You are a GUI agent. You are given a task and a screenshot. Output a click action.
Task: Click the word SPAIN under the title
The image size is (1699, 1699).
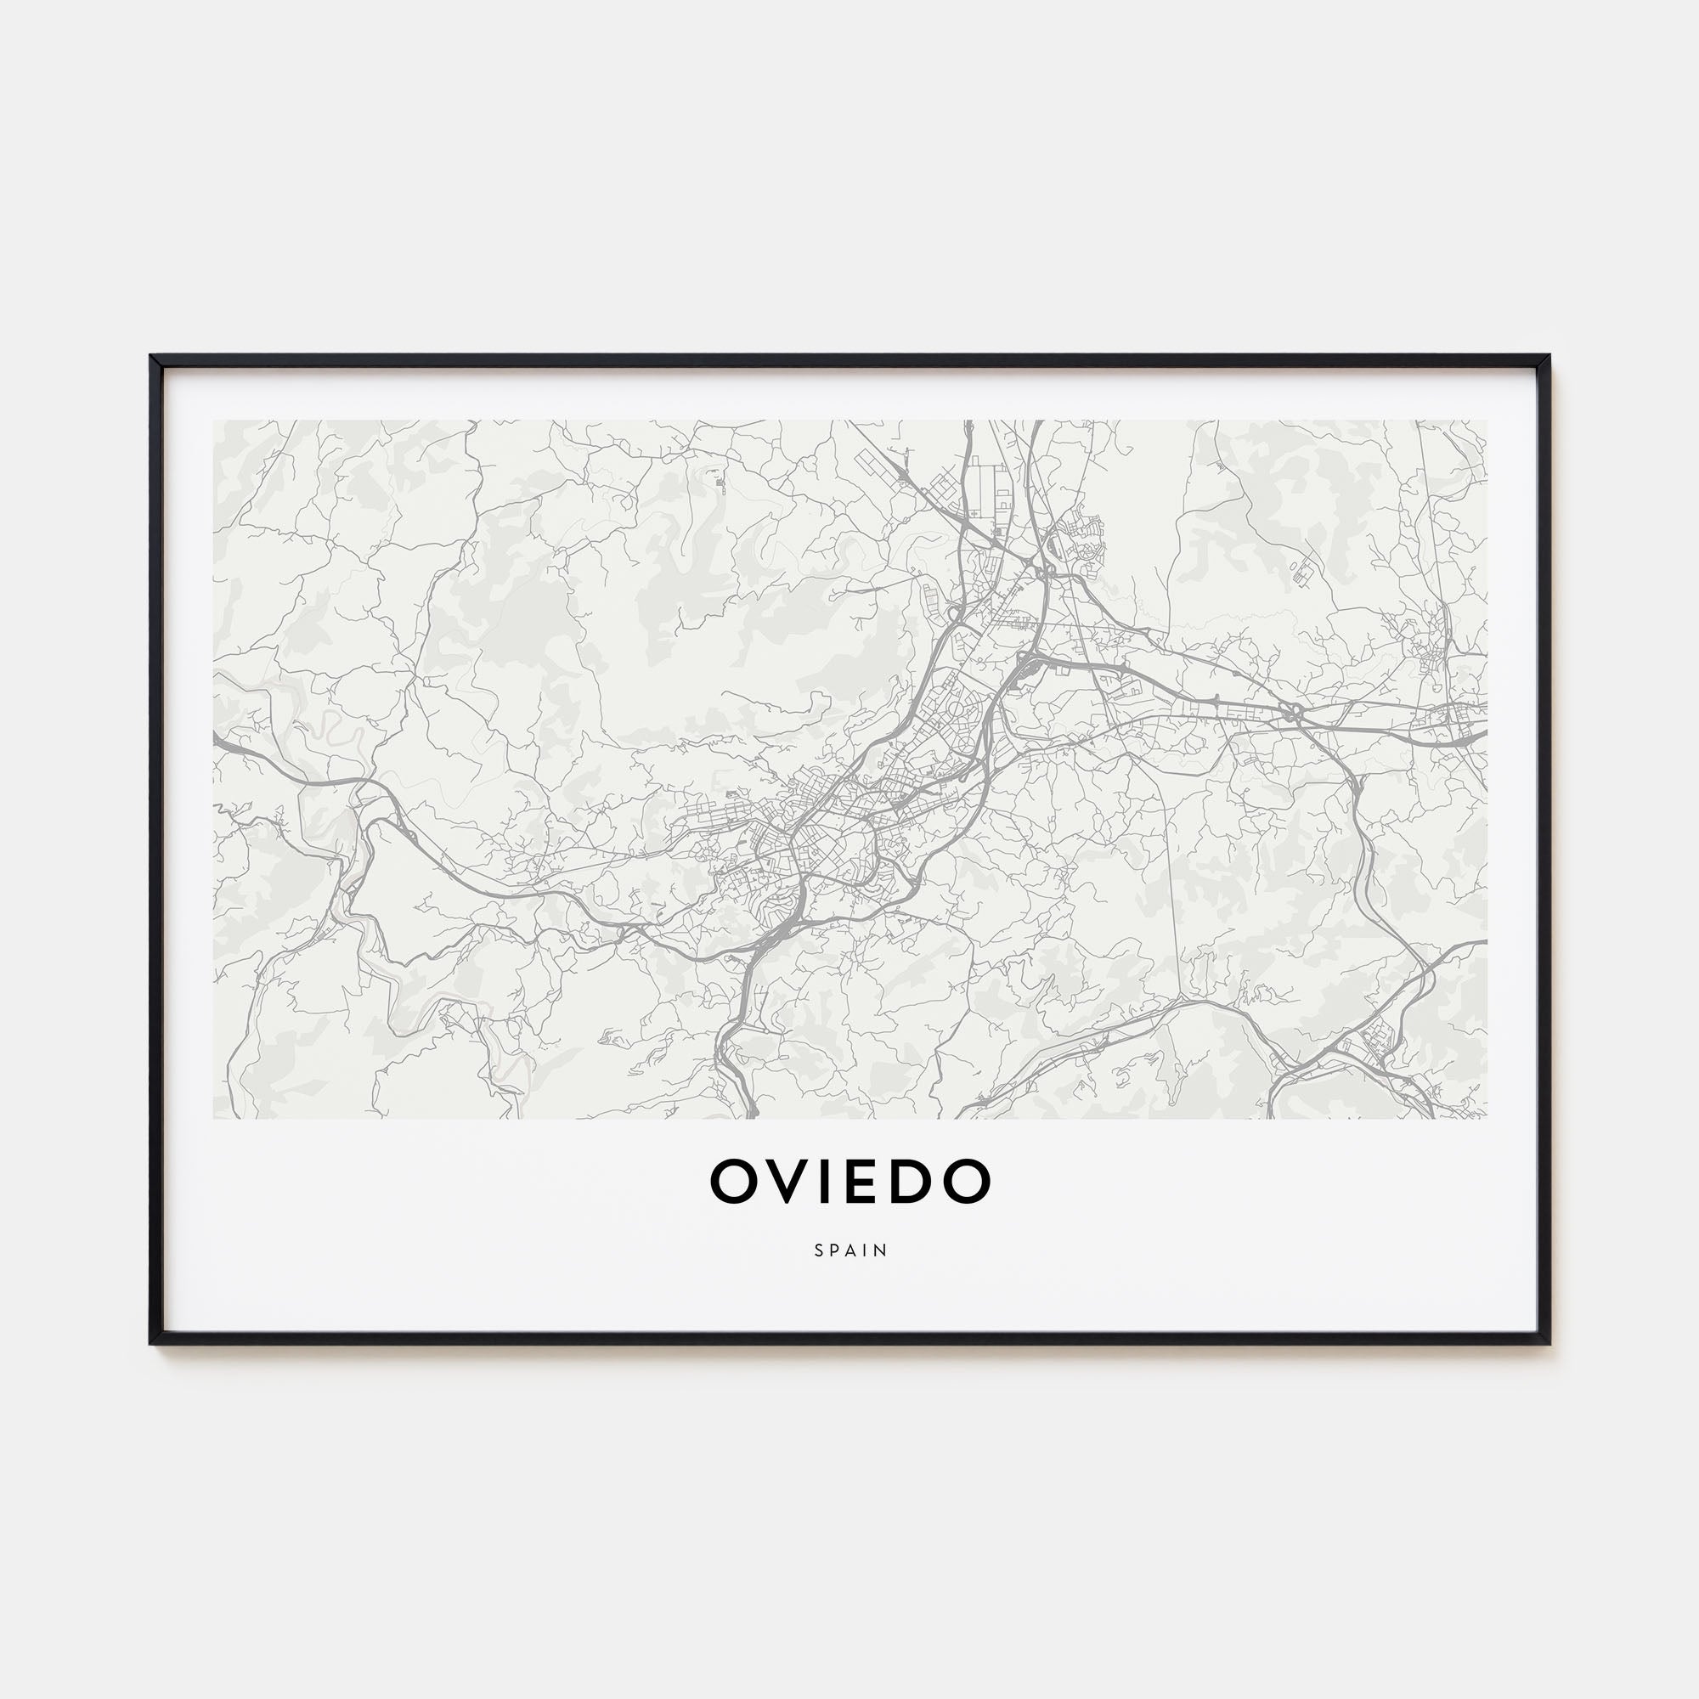click(850, 1250)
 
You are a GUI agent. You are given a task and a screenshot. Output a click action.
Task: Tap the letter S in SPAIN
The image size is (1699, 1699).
click(819, 1250)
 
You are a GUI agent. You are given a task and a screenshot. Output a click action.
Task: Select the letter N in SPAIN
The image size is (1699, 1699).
click(882, 1250)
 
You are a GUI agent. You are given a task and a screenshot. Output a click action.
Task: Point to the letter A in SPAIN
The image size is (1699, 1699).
click(850, 1250)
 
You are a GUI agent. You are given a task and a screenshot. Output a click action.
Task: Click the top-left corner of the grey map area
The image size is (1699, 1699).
click(214, 421)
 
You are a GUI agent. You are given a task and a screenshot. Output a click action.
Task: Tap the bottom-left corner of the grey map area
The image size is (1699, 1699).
click(214, 1118)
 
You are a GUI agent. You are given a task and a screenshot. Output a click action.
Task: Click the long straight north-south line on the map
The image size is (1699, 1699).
click(1173, 879)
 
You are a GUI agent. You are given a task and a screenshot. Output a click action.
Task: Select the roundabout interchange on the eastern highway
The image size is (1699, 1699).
click(1293, 710)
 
